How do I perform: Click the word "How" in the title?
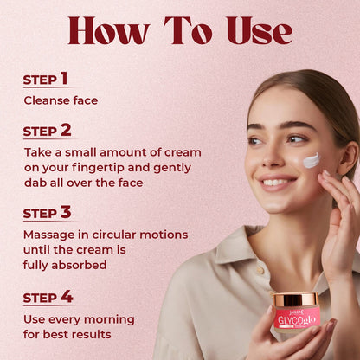109,31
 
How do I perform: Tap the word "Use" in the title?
259,31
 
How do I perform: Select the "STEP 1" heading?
45,79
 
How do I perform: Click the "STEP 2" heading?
47,131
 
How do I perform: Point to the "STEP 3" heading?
47,213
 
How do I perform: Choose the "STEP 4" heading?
48,297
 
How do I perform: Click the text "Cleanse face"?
61,100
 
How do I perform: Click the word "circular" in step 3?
114,235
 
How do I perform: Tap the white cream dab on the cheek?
312,160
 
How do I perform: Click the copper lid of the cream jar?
295,299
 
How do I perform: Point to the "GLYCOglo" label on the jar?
297,320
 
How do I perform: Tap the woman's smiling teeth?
277,183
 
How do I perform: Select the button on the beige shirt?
260,269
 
